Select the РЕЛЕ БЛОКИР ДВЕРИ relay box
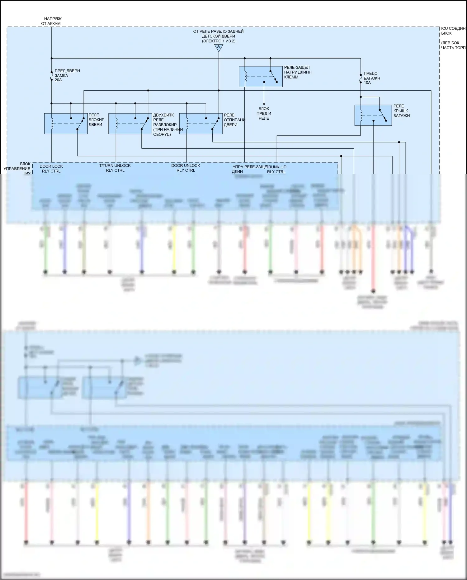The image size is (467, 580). click(x=66, y=124)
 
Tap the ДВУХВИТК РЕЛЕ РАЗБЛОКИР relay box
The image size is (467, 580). click(x=130, y=124)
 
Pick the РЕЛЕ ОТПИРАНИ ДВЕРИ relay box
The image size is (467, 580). click(x=201, y=124)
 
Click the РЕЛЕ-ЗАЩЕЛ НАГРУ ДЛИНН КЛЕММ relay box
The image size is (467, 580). click(x=261, y=77)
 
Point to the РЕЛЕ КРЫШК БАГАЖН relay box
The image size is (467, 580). click(x=373, y=115)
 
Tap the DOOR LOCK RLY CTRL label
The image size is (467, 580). click(x=51, y=169)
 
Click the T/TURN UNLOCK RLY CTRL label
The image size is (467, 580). click(x=115, y=168)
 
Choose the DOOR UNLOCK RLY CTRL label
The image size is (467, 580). click(x=186, y=168)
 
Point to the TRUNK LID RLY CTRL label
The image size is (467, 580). click(x=276, y=169)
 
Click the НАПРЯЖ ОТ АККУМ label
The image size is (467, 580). click(x=51, y=21)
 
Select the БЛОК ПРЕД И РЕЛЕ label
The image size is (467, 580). click(x=264, y=113)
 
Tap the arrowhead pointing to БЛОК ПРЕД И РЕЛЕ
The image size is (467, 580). click(x=264, y=104)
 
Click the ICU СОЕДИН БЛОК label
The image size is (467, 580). click(x=453, y=31)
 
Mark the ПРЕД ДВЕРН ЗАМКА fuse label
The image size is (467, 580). click(x=67, y=75)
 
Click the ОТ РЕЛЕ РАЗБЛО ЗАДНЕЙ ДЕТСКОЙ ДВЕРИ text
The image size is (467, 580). click(x=218, y=36)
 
